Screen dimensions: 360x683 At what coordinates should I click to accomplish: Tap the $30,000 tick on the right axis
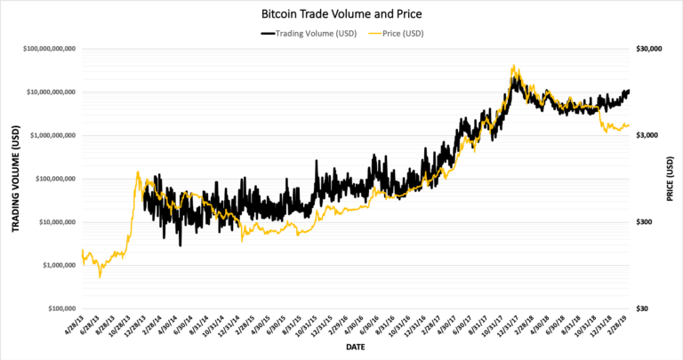(x=651, y=49)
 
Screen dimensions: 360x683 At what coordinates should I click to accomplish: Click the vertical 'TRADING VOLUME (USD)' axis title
(x=15, y=180)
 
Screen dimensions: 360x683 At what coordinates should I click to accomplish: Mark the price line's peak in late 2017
(x=514, y=66)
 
